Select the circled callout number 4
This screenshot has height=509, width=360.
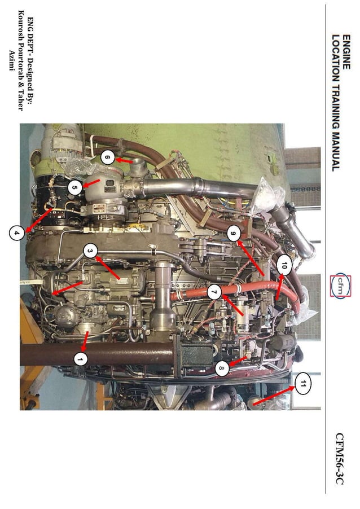coord(17,231)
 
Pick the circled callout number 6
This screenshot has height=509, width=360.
coord(107,158)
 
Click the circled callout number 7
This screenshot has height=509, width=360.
coord(213,292)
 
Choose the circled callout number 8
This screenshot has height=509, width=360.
coord(222,370)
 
